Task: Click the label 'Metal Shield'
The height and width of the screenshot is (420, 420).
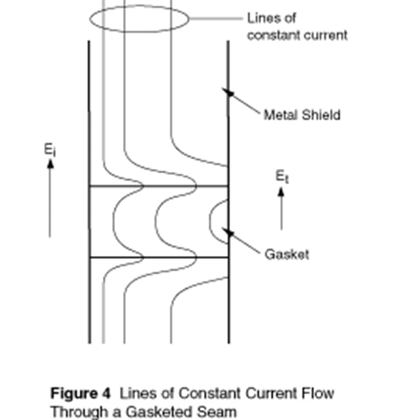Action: pyautogui.click(x=302, y=115)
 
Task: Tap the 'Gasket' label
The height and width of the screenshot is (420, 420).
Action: pyautogui.click(x=287, y=254)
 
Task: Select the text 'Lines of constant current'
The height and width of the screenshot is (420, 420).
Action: pyautogui.click(x=297, y=27)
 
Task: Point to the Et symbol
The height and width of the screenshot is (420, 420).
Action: pyautogui.click(x=282, y=177)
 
